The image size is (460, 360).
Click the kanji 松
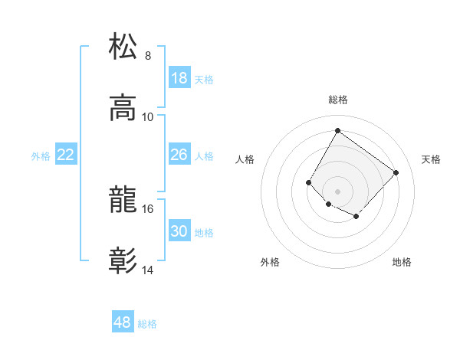123,46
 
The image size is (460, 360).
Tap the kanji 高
123,108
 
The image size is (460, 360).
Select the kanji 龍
123,201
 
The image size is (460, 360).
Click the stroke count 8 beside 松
148,55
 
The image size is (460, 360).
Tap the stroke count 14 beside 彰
148,270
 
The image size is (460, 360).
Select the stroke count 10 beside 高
148,116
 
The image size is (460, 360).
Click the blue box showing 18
179,78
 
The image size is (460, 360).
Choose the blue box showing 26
179,155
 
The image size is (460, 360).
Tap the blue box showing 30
179,231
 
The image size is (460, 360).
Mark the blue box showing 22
66,155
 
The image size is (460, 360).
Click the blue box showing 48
123,322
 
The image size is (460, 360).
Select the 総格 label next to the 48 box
147,324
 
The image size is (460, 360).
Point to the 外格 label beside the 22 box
41,156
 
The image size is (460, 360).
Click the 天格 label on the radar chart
431,159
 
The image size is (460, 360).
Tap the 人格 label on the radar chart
245,159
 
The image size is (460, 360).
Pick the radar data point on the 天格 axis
396,172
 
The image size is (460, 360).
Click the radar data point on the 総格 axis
337,130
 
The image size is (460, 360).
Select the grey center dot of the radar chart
337,191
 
